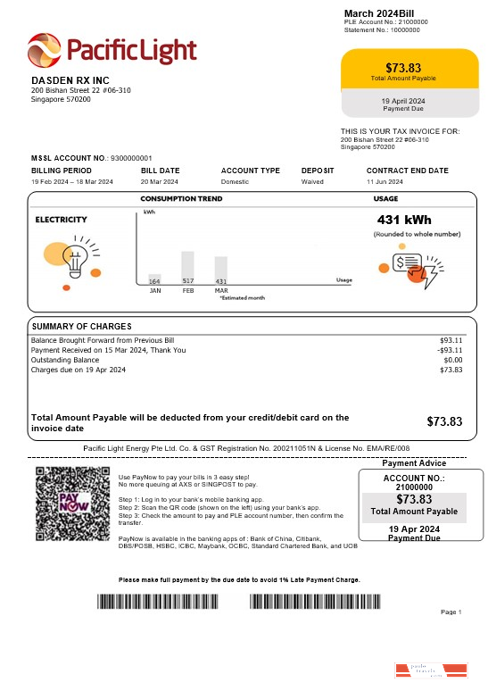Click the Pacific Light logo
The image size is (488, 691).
(x=112, y=51)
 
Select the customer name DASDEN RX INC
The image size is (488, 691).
(x=70, y=81)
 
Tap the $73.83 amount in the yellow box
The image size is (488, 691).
(x=402, y=68)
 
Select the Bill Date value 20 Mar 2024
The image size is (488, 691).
(x=160, y=182)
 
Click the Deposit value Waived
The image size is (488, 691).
(x=312, y=182)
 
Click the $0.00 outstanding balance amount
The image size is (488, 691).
(x=452, y=360)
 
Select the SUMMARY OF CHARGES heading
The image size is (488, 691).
(x=81, y=327)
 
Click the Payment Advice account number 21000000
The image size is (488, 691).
(x=413, y=487)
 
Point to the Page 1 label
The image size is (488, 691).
(x=451, y=612)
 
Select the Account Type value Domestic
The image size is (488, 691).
(x=236, y=182)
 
